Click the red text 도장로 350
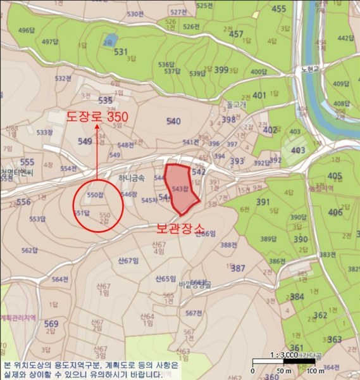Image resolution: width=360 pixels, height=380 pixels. tap(97, 118)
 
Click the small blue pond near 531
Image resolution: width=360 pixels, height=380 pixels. tap(110, 39)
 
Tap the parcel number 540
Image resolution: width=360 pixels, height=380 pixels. tap(173, 121)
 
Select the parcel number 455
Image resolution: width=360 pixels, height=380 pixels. tap(279, 9)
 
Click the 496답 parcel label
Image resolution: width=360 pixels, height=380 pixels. tap(27, 30)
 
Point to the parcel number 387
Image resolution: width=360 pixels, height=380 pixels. tap(238, 269)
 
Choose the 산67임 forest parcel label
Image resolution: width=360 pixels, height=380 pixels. tap(128, 260)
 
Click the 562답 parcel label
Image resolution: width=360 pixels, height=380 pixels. tap(30, 251)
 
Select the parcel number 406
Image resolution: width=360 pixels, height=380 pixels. tap(335, 212)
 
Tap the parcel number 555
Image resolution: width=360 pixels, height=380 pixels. tap(27, 163)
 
